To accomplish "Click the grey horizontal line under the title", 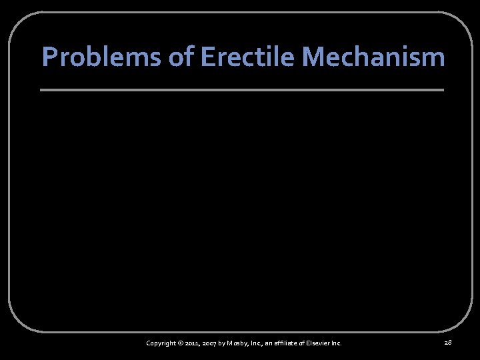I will [x=241, y=89].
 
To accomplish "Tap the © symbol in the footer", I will [x=180, y=343].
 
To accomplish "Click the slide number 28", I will [x=447, y=342].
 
